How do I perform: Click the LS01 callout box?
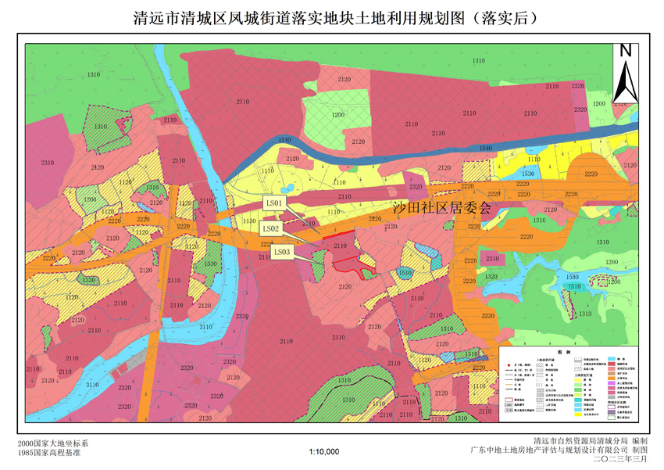click(x=277, y=202)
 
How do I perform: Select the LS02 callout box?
click(x=271, y=228)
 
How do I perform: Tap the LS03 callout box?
click(x=282, y=252)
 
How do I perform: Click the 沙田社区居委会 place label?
click(x=441, y=207)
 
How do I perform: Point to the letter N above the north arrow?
click(x=625, y=51)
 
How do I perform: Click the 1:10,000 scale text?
click(x=324, y=451)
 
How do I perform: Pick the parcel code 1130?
click(x=249, y=221)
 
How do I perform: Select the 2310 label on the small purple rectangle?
click(x=492, y=259)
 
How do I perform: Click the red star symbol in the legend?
click(x=508, y=365)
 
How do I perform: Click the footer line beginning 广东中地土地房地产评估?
click(x=558, y=451)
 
